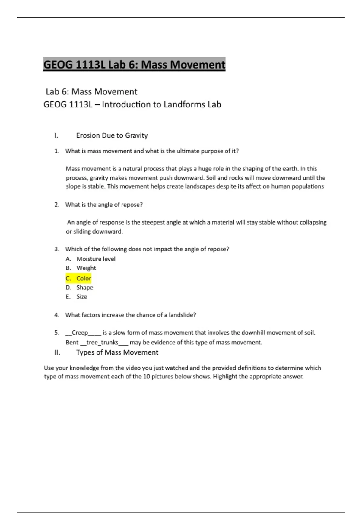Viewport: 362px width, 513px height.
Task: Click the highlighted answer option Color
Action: click(84, 278)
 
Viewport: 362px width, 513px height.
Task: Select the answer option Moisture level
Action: click(96, 259)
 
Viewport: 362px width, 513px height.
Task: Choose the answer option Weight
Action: click(86, 268)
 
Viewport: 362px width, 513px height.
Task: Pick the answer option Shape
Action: click(85, 288)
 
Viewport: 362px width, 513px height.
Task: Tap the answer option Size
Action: click(82, 297)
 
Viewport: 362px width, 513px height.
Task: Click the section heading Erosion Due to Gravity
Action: click(112, 135)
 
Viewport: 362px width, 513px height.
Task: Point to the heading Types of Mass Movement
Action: click(117, 352)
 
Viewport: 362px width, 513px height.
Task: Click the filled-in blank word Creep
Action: click(80, 333)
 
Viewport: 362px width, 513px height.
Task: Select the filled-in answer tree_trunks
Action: click(102, 343)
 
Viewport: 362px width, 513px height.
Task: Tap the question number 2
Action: click(57, 205)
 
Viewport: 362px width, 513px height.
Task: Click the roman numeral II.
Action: click(57, 352)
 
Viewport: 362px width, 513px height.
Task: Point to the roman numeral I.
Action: click(56, 135)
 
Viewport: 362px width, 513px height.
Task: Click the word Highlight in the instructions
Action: click(225, 377)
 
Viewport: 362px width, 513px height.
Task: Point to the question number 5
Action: click(57, 333)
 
